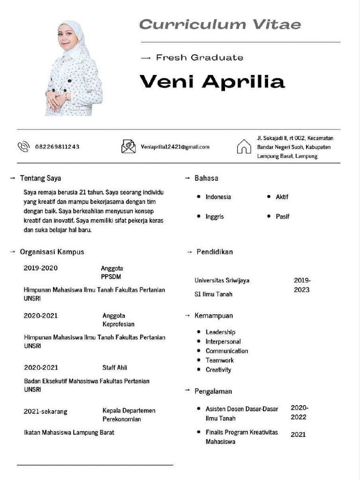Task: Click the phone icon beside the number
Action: (23, 147)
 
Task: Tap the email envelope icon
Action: (128, 147)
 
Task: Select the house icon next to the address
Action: (244, 147)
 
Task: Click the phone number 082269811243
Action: (57, 147)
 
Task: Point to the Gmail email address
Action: (175, 147)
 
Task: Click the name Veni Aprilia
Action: (212, 82)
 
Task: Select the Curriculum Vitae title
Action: (220, 24)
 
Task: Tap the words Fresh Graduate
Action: (199, 58)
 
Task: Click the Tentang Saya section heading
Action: (40, 178)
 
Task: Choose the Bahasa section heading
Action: (206, 178)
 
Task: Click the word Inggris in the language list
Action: (215, 217)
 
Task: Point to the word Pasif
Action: (283, 217)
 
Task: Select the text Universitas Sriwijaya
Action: (222, 280)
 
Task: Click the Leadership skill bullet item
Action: (220, 332)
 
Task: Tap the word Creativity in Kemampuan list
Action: (218, 370)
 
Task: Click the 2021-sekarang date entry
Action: (45, 412)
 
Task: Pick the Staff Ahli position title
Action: (115, 367)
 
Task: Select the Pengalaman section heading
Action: (213, 391)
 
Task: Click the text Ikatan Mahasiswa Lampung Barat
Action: (69, 432)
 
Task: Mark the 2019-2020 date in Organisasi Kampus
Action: (41, 268)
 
